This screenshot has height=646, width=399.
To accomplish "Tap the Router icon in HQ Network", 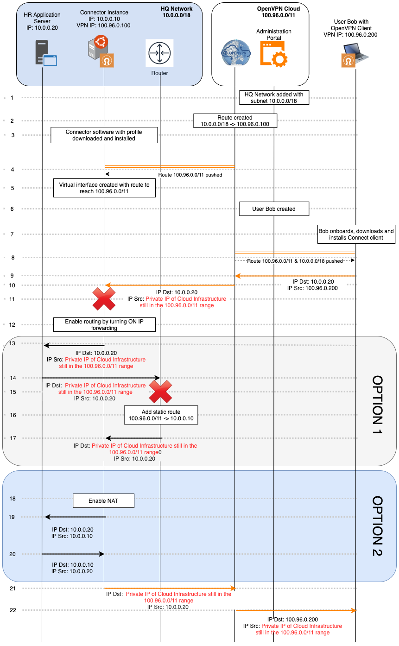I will [159, 53].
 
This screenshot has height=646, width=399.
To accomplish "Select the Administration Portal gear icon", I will [274, 53].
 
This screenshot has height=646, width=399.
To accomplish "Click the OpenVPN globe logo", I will [235, 53].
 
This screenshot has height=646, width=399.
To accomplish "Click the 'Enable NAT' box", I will [103, 501].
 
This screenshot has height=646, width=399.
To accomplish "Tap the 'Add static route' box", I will [161, 415].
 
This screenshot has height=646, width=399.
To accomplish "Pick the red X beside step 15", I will [160, 392].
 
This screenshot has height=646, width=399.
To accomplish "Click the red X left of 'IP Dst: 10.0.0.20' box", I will [104, 299].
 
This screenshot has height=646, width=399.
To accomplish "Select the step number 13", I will [13, 343].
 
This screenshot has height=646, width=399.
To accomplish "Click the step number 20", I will [13, 554].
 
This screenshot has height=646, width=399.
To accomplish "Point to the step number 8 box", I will [13, 257].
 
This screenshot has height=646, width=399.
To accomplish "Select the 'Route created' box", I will [235, 121].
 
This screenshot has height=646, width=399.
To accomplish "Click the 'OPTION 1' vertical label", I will [378, 401].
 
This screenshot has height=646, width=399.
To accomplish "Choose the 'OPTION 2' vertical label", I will [378, 526].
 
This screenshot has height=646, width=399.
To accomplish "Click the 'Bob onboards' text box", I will [356, 234].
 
